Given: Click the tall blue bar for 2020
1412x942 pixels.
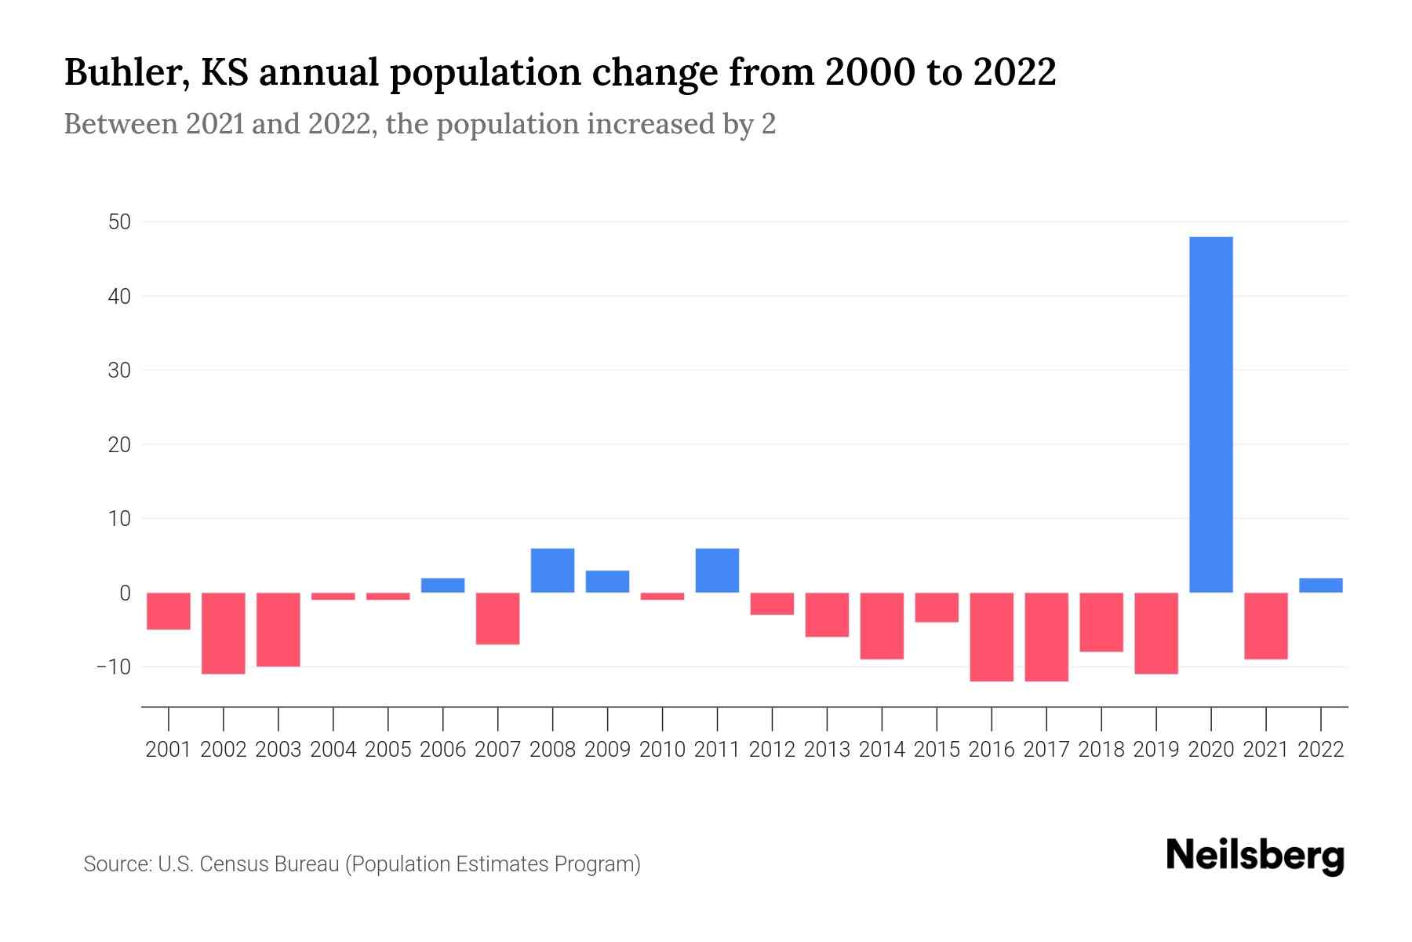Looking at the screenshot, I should click(1211, 414).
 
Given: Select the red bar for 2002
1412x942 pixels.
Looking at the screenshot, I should click(224, 633).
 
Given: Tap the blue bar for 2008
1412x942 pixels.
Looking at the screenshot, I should click(553, 571).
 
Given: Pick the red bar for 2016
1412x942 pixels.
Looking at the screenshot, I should click(992, 637).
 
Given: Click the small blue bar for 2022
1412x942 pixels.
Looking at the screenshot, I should click(1321, 586).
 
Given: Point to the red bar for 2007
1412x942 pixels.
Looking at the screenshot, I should click(498, 619).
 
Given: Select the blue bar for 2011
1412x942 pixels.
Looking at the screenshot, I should click(717, 571).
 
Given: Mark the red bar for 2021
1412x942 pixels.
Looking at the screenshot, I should click(1266, 626).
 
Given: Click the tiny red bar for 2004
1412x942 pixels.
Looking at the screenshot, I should click(333, 597).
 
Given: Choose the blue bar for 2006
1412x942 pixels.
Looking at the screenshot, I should click(443, 586).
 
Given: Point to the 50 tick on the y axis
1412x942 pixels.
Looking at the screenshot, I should click(119, 222).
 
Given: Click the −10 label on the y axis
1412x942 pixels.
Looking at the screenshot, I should click(114, 667).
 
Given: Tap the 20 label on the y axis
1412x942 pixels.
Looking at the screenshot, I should click(119, 444).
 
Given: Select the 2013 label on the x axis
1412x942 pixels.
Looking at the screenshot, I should click(827, 750).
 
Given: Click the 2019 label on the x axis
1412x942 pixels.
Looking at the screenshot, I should click(1156, 750).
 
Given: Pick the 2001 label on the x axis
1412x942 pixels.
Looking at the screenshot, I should click(169, 750).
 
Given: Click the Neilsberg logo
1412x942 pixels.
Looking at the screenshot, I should click(1255, 856).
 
